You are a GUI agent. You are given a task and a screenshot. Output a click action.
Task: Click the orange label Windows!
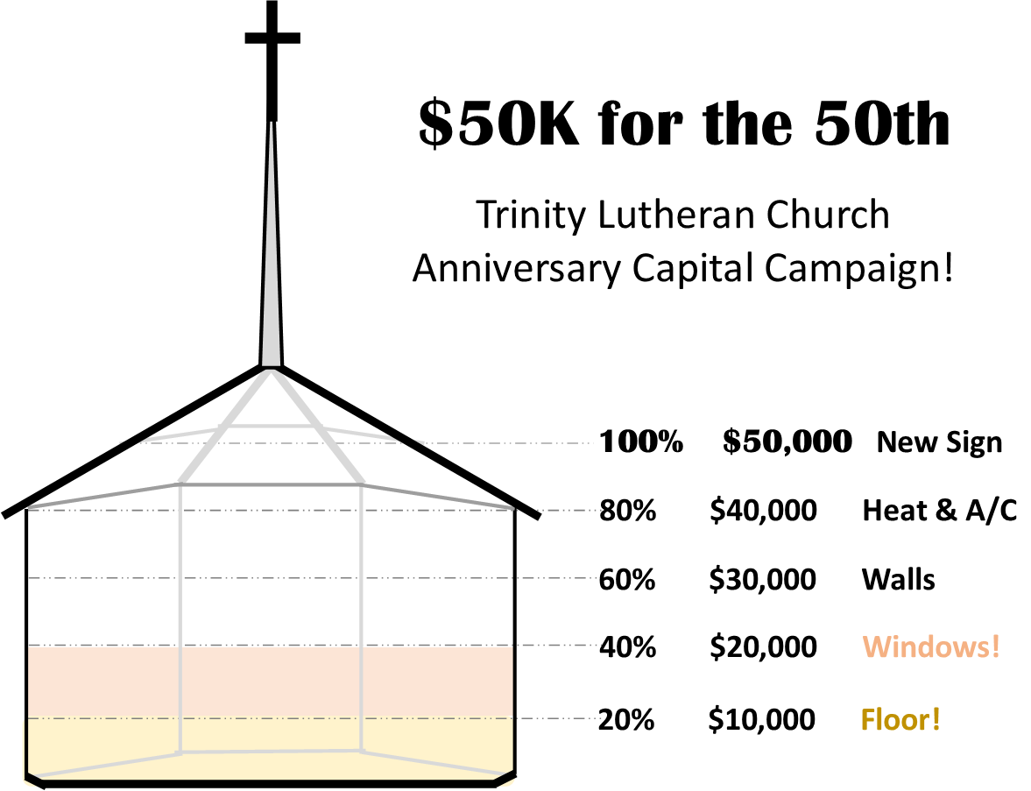(930, 647)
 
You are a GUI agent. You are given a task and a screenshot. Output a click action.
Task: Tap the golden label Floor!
(900, 719)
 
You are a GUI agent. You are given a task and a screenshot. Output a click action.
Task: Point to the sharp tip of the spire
(272, 124)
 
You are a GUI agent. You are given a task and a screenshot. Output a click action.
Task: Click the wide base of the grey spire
(272, 361)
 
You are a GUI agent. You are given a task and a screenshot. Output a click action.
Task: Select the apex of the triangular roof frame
(271, 372)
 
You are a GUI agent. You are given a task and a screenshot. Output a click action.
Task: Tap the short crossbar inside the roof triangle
(272, 426)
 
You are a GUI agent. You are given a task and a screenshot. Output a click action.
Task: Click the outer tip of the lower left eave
(31, 507)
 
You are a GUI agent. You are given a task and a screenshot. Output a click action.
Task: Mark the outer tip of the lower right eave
(512, 507)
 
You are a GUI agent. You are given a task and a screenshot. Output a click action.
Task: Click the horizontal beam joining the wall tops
(271, 484)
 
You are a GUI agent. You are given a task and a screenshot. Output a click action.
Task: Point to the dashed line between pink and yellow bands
(561, 718)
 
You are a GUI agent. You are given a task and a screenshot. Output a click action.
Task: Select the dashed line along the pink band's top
(561, 646)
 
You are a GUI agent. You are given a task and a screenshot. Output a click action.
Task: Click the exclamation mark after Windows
(995, 647)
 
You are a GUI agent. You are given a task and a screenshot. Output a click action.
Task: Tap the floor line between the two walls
(270, 752)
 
